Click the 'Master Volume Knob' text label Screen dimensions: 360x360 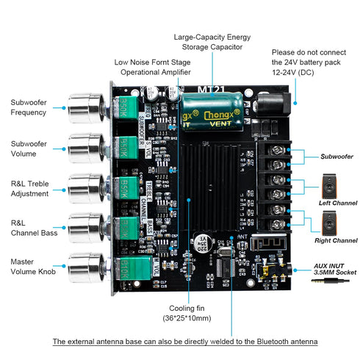pos(32,267)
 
